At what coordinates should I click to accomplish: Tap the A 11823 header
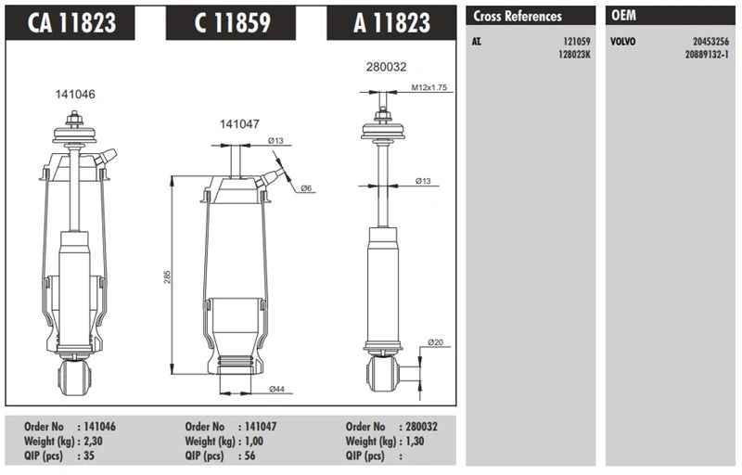click(391, 22)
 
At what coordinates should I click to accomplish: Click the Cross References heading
click(518, 16)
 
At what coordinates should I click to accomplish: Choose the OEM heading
click(623, 16)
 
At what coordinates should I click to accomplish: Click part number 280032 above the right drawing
click(388, 67)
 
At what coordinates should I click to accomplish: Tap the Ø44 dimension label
click(275, 388)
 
